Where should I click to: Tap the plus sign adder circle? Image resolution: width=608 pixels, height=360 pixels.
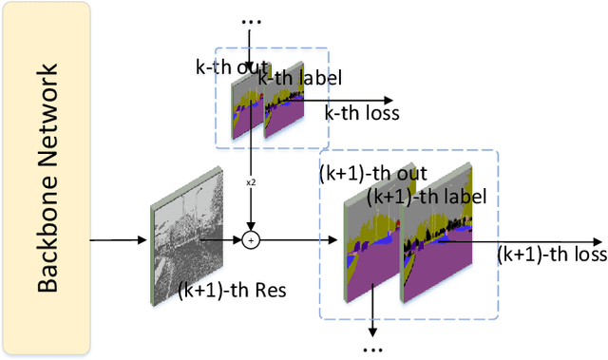[251, 240]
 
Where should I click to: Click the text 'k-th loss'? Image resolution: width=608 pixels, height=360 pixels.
[362, 114]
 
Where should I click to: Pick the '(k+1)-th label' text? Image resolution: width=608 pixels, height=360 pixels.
[427, 197]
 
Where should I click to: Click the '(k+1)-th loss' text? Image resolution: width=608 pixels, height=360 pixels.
[551, 255]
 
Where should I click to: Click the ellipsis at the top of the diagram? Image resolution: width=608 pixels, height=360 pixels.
[251, 20]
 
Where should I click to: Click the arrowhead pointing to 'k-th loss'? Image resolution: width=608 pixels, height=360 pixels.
[389, 99]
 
